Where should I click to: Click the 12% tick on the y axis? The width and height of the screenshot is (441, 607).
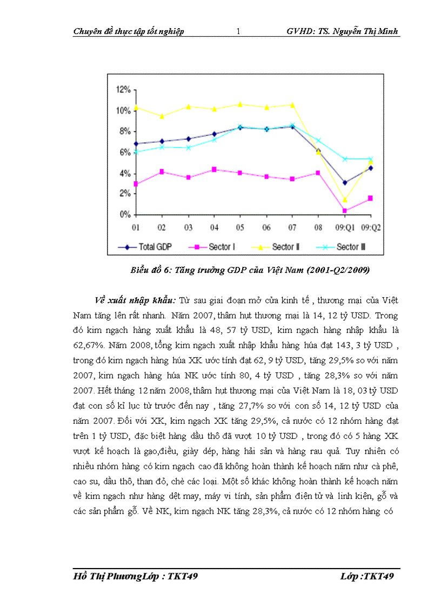123,89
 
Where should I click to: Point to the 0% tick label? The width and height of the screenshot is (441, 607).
125,215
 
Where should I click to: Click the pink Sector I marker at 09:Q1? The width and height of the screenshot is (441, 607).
345,211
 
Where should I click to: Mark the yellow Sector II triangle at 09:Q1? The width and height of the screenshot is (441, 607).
345,200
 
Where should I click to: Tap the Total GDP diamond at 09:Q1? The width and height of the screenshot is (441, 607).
345,182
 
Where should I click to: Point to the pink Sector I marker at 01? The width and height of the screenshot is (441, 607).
136,184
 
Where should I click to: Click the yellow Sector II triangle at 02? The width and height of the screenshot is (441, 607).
162,116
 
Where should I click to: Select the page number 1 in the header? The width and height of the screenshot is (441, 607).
238,31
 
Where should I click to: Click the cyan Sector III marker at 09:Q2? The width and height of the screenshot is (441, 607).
371,159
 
